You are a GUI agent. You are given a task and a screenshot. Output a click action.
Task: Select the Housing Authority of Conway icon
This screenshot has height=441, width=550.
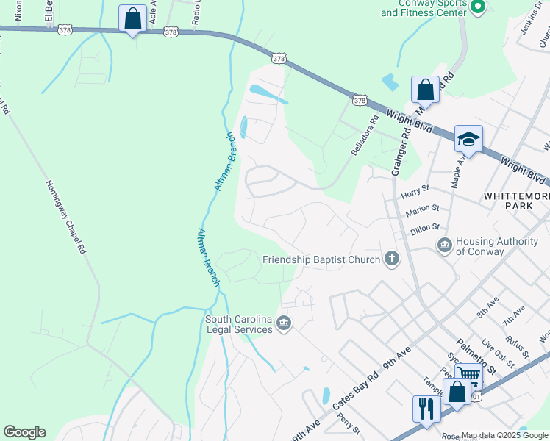(x=444, y=245)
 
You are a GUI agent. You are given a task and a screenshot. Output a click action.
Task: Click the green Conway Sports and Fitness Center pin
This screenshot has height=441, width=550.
(x=477, y=7)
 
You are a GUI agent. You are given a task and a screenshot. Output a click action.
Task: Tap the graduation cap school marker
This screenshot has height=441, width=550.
(x=468, y=138)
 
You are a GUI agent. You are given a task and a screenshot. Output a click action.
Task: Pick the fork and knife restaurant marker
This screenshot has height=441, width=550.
(x=426, y=407)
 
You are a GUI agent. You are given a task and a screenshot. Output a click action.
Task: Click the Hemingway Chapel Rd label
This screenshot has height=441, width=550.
(x=66, y=217)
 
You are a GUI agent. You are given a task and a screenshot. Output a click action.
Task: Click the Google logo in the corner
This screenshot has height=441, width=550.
(x=24, y=432)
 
